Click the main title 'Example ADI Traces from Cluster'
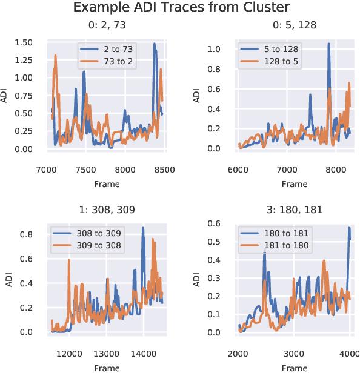click(180, 8)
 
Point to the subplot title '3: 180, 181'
click(293, 210)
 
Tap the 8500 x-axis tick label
click(164, 170)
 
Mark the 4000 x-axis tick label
click(349, 354)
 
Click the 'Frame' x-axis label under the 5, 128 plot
click(294, 183)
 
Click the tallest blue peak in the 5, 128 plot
click(328, 44)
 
